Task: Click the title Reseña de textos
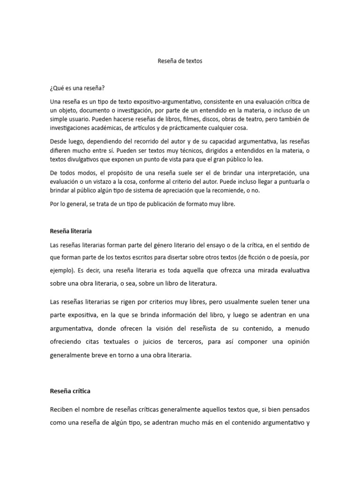coord(180,61)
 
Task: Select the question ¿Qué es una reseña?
coord(77,88)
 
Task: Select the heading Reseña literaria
coord(71,231)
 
